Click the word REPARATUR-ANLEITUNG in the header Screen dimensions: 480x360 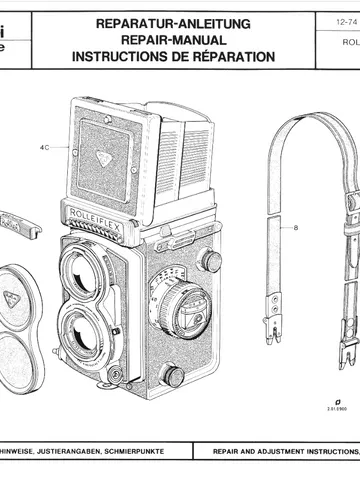click(173, 22)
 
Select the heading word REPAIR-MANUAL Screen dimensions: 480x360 click(173, 40)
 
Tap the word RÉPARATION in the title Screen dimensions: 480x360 click(230, 58)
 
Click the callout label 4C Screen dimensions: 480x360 click(45, 147)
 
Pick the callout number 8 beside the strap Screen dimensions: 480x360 click(296, 228)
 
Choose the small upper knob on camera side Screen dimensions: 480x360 click(211, 260)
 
